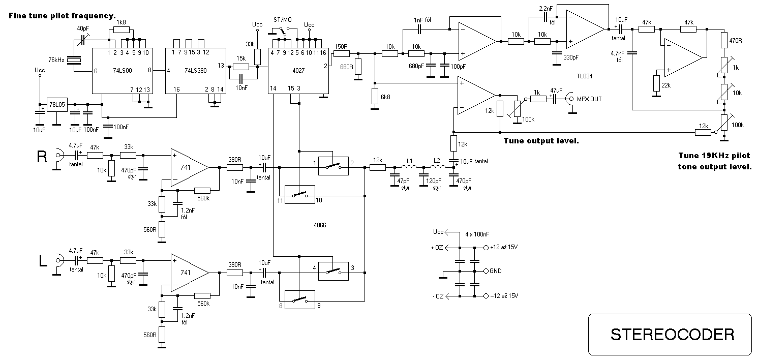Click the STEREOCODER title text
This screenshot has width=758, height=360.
coord(673,335)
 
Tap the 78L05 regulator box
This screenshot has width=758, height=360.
coord(57,105)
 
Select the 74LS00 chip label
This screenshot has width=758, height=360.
coord(123,70)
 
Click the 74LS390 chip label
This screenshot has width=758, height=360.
coord(196,70)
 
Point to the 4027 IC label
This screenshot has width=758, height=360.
coord(298,70)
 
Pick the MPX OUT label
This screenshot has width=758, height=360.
coord(589,99)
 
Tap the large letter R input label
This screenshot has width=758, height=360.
coord(42,157)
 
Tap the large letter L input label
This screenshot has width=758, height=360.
coord(43,261)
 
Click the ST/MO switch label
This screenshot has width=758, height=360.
coord(283,20)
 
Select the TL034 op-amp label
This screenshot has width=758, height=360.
coord(585,76)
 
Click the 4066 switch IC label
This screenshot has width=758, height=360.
coord(320,225)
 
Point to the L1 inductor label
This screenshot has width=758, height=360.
coord(409,161)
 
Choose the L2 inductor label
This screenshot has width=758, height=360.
coord(437,160)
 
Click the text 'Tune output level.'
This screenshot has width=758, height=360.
coord(541,141)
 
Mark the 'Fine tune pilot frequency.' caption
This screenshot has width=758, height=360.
coord(62,16)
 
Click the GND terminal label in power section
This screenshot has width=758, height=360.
coord(495,271)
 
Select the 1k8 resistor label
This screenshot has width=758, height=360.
coord(121,22)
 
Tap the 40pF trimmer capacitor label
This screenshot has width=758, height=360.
coord(83,28)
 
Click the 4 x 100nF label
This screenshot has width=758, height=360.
coord(477,234)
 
